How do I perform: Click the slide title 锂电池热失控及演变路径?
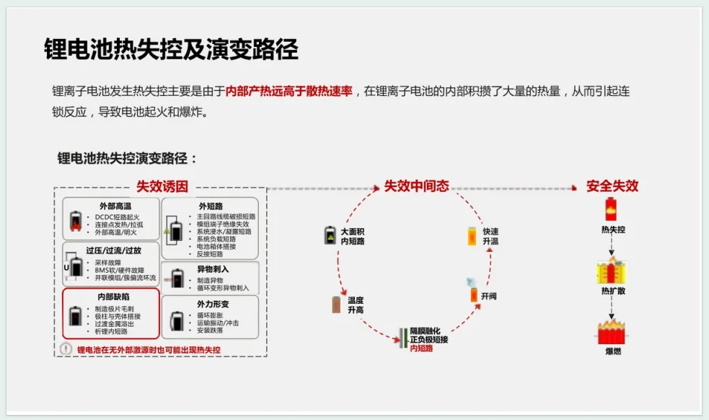[x=171, y=50]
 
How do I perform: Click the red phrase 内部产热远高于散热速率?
[x=289, y=91]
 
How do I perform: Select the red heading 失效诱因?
[x=162, y=186]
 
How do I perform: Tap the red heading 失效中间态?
[x=416, y=186]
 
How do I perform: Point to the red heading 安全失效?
[x=612, y=186]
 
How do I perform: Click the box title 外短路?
[x=211, y=206]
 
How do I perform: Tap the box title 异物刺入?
[x=211, y=268]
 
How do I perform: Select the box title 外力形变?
[x=211, y=304]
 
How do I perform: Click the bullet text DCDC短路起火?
[x=117, y=216]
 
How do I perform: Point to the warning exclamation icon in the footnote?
[x=66, y=349]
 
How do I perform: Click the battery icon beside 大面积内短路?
[x=330, y=235]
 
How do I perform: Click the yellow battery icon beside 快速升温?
[x=472, y=236]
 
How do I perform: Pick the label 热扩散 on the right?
[x=613, y=291]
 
